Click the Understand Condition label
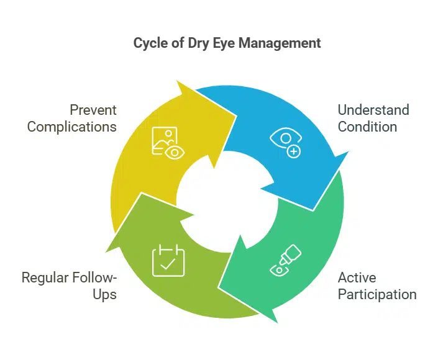[x=373, y=118]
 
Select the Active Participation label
[x=376, y=286]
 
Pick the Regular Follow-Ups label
[x=69, y=286]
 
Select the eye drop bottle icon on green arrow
[x=285, y=260]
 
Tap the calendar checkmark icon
[x=168, y=261]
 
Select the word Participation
[x=376, y=294]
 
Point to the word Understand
[x=373, y=110]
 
